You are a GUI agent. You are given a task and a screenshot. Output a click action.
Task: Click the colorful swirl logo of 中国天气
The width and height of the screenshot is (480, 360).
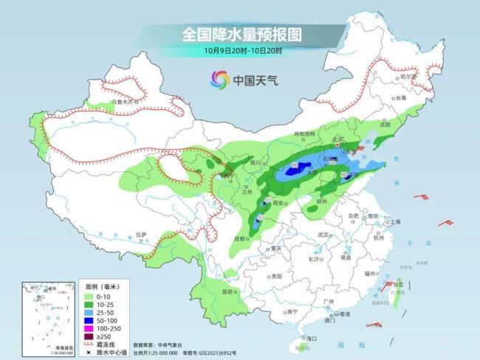(x=219, y=79)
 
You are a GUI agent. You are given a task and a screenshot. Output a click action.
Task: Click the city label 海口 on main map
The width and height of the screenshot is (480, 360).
(x=310, y=338)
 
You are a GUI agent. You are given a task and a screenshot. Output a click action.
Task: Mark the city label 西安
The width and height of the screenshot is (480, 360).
(x=278, y=202)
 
